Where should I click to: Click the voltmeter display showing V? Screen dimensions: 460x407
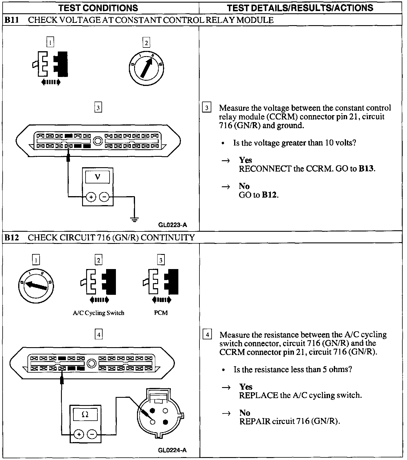point(97,177)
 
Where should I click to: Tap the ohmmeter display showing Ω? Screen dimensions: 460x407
point(85,415)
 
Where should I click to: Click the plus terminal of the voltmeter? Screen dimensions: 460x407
point(91,197)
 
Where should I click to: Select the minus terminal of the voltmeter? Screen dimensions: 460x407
point(104,197)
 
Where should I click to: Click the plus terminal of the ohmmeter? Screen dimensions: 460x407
point(79,434)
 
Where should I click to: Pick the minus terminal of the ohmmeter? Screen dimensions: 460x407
point(92,434)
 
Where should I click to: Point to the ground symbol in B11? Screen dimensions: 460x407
point(134,219)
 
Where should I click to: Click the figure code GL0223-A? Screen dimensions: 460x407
point(173,225)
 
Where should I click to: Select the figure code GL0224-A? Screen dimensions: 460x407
point(172,450)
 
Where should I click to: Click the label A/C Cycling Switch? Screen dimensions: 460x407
point(99,313)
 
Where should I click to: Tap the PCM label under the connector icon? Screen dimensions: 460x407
point(161,313)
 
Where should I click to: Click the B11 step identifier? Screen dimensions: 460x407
point(12,20)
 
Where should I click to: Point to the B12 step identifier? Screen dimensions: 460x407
point(12,238)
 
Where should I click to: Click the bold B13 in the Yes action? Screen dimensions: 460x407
point(366,169)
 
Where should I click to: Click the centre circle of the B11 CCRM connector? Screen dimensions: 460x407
point(98,141)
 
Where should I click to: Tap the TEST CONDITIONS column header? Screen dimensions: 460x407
point(98,8)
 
